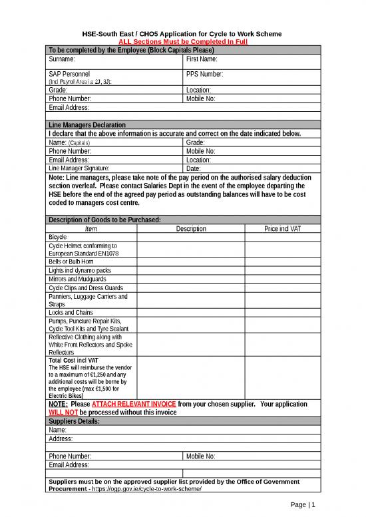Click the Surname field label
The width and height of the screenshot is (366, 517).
(x=62, y=60)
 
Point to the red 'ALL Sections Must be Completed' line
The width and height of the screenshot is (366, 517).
(x=182, y=41)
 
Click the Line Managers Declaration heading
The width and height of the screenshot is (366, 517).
(x=87, y=124)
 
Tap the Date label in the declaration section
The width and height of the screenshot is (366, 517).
(x=194, y=168)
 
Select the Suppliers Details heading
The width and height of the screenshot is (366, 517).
(x=74, y=421)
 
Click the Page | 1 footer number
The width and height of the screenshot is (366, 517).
(x=303, y=505)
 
